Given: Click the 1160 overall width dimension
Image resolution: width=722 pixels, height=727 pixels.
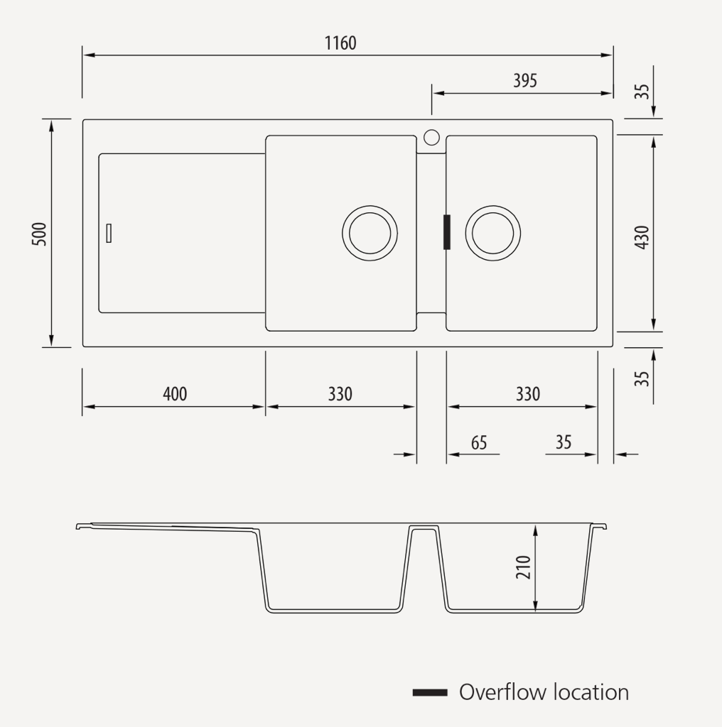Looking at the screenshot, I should pyautogui.click(x=340, y=43).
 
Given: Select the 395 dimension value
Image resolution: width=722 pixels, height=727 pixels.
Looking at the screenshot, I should pyautogui.click(x=525, y=81).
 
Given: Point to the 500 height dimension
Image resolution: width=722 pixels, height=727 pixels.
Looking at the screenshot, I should pyautogui.click(x=40, y=234).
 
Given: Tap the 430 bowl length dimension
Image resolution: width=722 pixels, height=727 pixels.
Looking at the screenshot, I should pyautogui.click(x=642, y=236).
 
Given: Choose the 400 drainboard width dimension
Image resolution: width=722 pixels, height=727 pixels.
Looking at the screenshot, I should pyautogui.click(x=175, y=393).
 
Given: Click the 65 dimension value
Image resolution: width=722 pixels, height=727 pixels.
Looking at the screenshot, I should pyautogui.click(x=479, y=442).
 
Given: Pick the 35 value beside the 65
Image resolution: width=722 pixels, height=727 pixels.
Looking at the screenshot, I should pyautogui.click(x=564, y=442).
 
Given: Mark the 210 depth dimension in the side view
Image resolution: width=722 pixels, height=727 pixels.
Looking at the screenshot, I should pyautogui.click(x=524, y=567).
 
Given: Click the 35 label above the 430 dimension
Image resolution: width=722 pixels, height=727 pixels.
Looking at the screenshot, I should pyautogui.click(x=642, y=91).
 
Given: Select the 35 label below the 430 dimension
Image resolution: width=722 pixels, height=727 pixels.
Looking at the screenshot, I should pyautogui.click(x=642, y=376).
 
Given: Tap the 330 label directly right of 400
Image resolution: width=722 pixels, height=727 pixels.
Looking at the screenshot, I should pyautogui.click(x=340, y=393).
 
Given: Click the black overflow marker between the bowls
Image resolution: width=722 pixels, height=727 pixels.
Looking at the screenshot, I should pyautogui.click(x=447, y=232).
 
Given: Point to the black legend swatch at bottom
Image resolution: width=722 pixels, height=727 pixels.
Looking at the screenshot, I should pyautogui.click(x=430, y=692).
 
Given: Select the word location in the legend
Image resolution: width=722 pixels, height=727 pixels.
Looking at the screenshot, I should pyautogui.click(x=591, y=692).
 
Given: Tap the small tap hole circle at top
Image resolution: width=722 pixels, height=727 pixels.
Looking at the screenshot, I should pyautogui.click(x=431, y=137).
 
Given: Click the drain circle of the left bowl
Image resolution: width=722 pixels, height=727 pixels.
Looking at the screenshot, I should pyautogui.click(x=370, y=234).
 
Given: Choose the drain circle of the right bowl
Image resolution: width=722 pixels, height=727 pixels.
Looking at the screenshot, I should pyautogui.click(x=492, y=233).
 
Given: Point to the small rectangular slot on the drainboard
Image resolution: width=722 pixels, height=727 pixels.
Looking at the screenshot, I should pyautogui.click(x=109, y=233).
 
